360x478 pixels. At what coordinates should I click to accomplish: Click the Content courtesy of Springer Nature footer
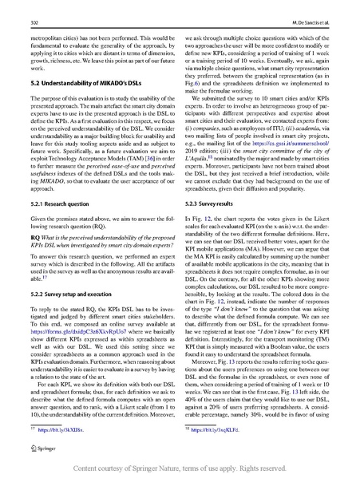pyautogui.click(x=180, y=466)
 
